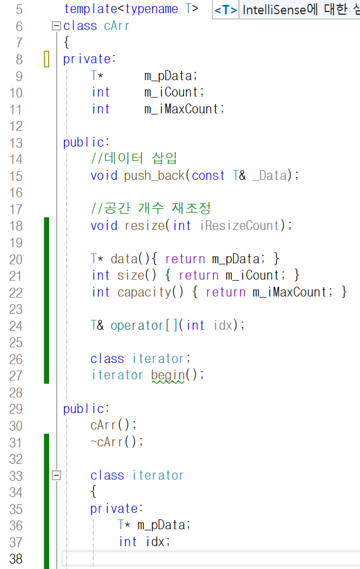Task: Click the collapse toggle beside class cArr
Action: point(56,26)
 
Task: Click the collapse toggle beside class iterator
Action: point(56,475)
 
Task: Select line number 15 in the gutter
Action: point(16,176)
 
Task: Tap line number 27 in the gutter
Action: point(16,376)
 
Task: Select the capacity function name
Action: point(144,292)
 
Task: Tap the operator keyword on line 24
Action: point(136,325)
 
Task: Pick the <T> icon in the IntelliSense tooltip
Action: point(225,10)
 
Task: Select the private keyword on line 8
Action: point(88,59)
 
